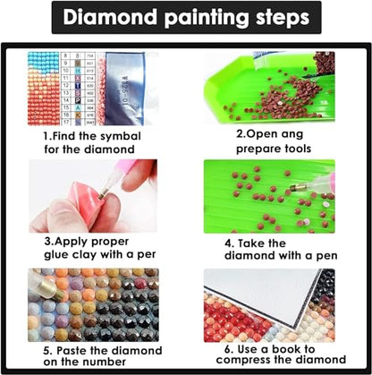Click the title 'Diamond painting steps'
tap(185, 19)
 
